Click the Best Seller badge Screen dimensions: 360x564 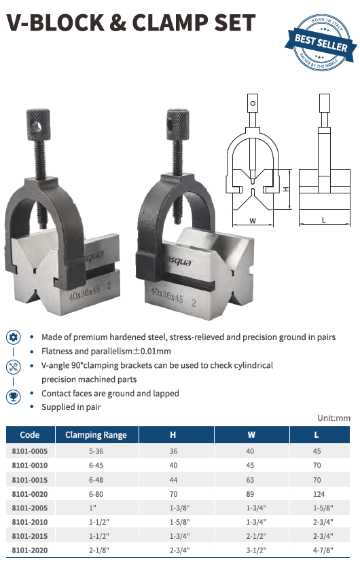[x=321, y=43]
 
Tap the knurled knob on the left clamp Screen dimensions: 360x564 [x=39, y=124]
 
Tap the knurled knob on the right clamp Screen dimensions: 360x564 [x=178, y=124]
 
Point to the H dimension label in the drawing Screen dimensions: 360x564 [x=286, y=189]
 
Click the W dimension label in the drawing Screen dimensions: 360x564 [x=253, y=221]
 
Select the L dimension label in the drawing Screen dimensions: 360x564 [x=323, y=220]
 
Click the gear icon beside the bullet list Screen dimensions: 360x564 [x=14, y=337]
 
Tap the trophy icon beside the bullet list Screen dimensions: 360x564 [x=14, y=397]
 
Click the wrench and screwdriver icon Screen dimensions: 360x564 [x=14, y=367]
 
